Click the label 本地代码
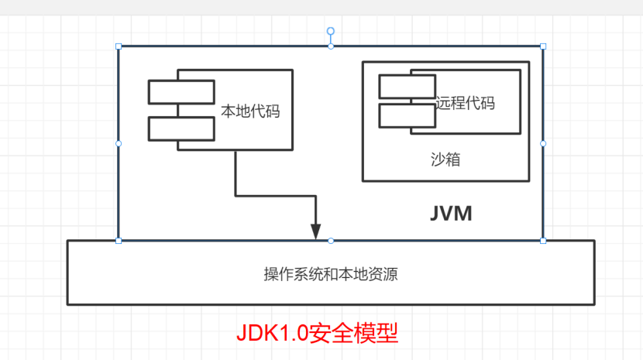pos(250,111)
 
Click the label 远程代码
pos(465,103)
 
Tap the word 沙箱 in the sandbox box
pos(446,159)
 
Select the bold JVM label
pos(451,214)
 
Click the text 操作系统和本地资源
pos(331,274)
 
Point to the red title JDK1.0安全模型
pos(317,333)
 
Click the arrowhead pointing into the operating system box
pos(315,231)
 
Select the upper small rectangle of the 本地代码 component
pos(181,91)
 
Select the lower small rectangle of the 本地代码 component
pos(181,129)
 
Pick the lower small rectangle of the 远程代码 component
pos(407,115)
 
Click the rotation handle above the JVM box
pos(331,32)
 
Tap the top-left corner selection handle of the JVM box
pos(119,46)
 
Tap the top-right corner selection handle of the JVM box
pos(542,46)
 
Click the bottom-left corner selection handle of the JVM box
pos(119,241)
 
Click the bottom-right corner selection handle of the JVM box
pos(542,241)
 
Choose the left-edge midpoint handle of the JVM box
pos(119,143)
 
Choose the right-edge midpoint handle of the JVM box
pos(542,143)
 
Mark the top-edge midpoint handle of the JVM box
pos(331,46)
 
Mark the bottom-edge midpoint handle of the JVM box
pos(331,241)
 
